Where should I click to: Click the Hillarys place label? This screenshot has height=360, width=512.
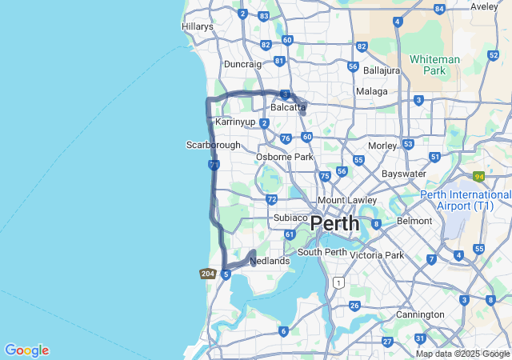pos(198,26)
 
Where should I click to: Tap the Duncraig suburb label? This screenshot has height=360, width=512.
pos(242,63)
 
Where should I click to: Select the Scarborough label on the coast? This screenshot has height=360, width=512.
pos(213,145)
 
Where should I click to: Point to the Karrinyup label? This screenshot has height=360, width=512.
pos(235,122)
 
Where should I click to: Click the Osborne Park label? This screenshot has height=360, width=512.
pos(285,157)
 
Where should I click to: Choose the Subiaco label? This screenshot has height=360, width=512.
pos(290,218)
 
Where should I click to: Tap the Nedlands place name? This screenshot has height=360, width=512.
pos(270,261)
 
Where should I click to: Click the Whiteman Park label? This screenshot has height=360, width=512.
pos(434,65)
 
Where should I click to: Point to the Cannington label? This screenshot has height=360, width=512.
pos(420,314)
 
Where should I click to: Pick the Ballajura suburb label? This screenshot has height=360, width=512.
pos(382,70)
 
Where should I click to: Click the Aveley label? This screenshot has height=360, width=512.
pos(484,6)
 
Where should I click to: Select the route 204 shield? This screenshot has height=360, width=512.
pos(208,274)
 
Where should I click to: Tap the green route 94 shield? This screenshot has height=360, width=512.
pos(479,176)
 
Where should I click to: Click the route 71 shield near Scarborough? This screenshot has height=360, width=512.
pos(214,165)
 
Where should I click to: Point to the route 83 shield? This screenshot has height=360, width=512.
pos(264,16)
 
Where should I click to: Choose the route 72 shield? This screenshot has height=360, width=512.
pos(272,199)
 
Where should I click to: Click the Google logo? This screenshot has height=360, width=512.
pos(26,350)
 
